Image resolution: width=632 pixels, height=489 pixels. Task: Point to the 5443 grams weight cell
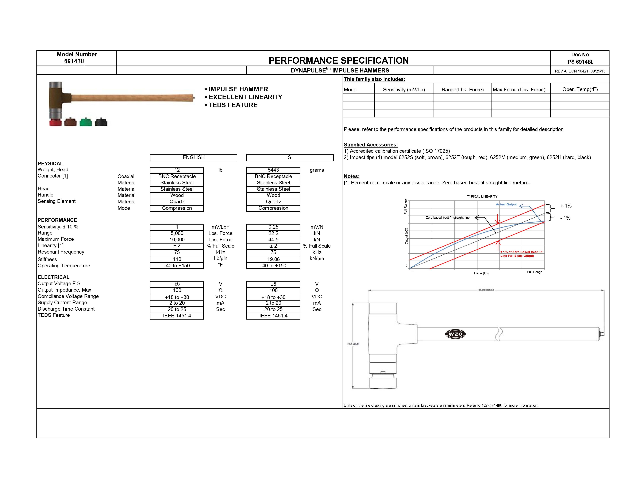click(x=273, y=170)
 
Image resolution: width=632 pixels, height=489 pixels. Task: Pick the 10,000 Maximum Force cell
click(x=177, y=240)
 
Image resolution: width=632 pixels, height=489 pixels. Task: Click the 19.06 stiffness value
click(x=273, y=259)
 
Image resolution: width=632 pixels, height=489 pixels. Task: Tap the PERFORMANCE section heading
click(x=57, y=220)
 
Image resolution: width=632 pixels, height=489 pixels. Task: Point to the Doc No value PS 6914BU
click(x=581, y=62)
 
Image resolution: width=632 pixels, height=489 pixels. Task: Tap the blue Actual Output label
click(x=506, y=204)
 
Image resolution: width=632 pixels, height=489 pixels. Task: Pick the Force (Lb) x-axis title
click(x=481, y=273)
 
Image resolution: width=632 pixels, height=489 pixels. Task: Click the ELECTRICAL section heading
click(x=54, y=277)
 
